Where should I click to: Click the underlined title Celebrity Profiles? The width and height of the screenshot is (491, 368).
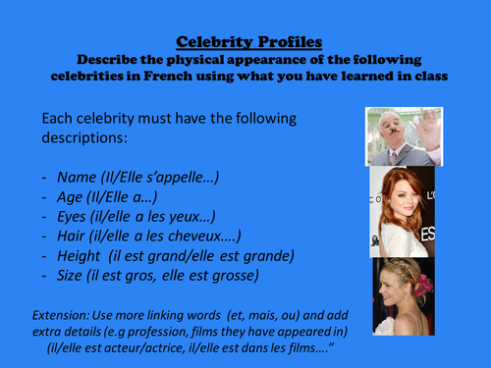[x=245, y=42]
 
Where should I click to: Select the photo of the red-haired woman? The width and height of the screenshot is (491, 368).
[x=403, y=211]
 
